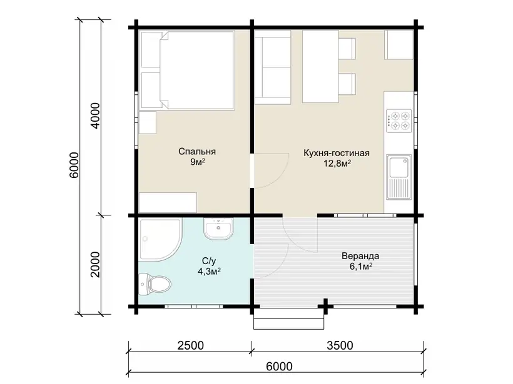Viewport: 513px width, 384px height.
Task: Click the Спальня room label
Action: point(197,152)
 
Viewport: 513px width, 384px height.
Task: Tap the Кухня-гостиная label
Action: point(337,153)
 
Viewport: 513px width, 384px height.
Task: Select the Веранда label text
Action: point(360,255)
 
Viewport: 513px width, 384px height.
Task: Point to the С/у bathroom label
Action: point(209,261)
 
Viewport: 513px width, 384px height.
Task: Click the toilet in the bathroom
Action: point(155,284)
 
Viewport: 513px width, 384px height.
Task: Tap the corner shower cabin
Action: point(160,240)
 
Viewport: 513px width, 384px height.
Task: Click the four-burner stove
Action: point(399,121)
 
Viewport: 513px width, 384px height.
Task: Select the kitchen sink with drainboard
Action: point(399,177)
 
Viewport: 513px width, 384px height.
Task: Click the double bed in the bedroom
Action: point(196,70)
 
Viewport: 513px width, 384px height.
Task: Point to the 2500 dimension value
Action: point(190,345)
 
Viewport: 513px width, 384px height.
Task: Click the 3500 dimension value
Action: point(340,345)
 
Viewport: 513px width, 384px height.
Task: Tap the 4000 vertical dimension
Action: point(95,116)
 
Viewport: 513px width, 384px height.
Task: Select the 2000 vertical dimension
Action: point(95,264)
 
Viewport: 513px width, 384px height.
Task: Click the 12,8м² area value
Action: point(337,163)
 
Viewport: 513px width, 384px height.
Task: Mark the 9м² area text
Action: point(198,162)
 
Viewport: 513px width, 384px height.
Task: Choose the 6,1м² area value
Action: point(361,267)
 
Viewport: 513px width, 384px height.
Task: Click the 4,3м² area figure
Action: point(209,272)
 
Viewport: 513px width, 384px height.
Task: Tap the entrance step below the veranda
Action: point(289,318)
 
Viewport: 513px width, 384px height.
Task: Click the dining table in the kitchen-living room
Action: point(320,67)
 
